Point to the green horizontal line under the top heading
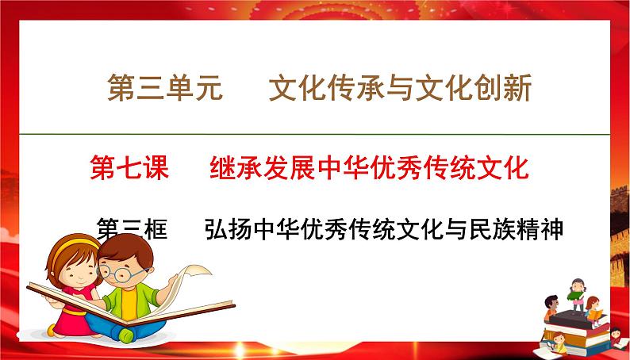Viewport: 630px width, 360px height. [315, 133]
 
